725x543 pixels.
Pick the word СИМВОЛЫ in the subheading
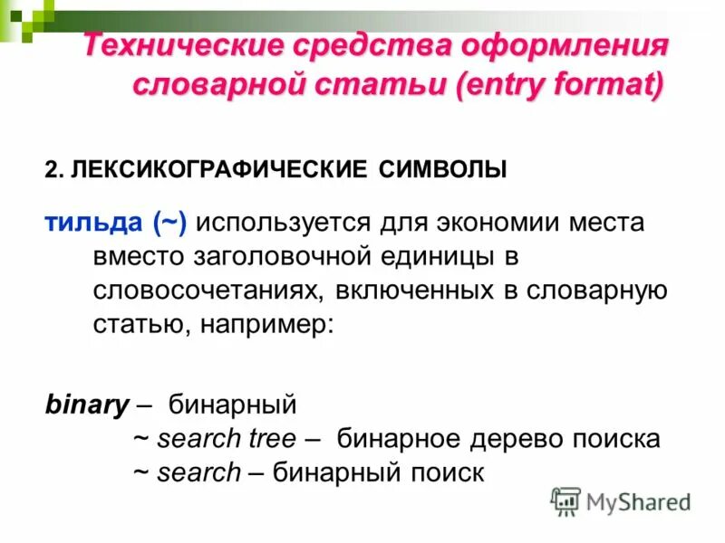click(442, 169)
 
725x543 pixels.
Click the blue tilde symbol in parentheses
click(171, 223)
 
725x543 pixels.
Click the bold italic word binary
click(86, 405)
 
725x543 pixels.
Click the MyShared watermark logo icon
click(565, 500)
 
